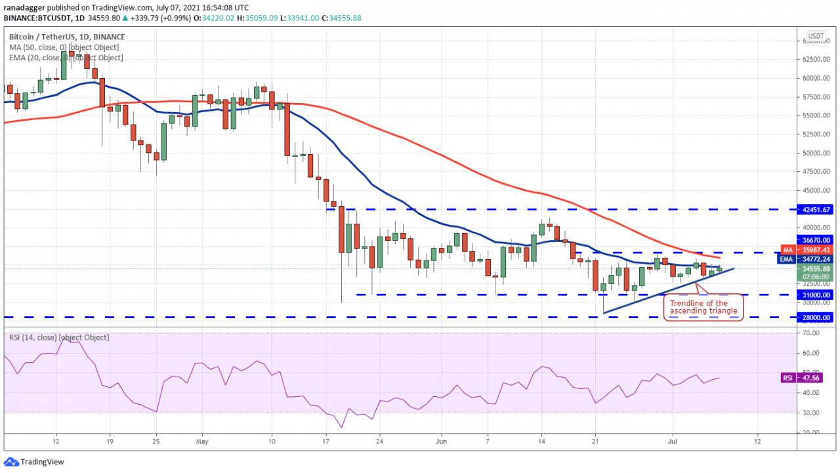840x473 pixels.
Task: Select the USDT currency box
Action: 816,36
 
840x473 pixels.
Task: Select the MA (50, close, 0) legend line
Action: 64,47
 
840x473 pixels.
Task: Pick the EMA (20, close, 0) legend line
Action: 66,58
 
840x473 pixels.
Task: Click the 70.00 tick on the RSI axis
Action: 810,333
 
